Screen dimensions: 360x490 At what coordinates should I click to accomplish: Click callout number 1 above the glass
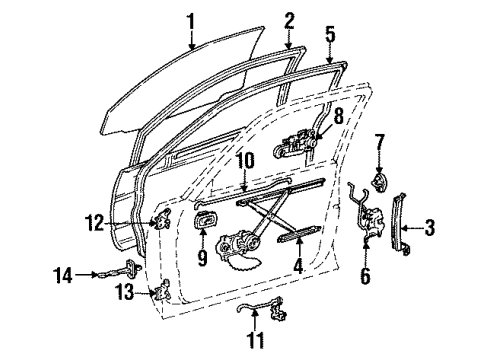(x=191, y=17)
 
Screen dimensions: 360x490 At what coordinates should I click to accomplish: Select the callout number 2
(x=289, y=20)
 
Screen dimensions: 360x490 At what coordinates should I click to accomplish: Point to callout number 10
(x=244, y=159)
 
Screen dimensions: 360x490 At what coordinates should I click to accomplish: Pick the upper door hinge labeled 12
(x=157, y=223)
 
